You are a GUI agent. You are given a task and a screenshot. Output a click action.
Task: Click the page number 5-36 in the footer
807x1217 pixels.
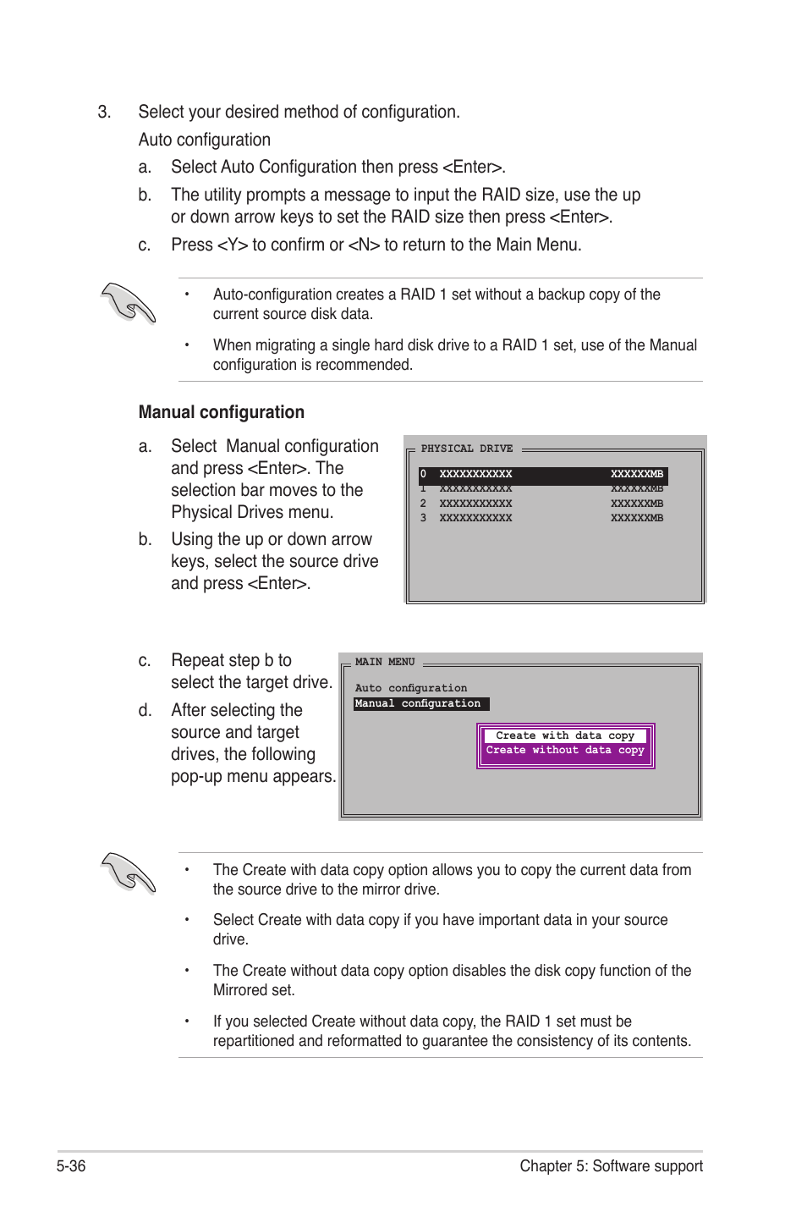[71, 1165]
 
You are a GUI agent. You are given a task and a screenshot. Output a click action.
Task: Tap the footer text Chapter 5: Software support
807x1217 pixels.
[611, 1165]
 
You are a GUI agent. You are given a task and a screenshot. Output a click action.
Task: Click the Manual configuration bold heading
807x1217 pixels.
[221, 412]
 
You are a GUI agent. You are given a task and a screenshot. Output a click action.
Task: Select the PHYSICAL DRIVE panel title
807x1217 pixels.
[466, 449]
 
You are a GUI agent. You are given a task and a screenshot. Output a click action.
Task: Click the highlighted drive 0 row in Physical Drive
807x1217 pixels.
[542, 475]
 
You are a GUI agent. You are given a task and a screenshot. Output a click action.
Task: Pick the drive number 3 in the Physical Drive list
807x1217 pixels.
[423, 518]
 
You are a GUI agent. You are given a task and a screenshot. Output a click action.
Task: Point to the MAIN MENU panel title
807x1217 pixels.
[385, 662]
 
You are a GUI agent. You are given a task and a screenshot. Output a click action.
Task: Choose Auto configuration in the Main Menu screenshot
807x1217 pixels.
[410, 688]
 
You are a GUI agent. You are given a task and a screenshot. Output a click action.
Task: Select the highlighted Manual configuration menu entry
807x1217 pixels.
[419, 703]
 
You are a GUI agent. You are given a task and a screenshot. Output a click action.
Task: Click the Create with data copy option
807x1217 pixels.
[564, 735]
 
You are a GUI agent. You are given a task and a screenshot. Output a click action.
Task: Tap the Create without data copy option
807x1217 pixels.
[564, 750]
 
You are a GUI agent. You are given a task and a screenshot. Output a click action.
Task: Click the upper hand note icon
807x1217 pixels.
[128, 303]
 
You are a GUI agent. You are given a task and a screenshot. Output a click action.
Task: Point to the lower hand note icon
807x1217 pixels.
[128, 873]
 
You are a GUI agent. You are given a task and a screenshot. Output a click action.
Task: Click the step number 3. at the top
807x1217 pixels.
[104, 113]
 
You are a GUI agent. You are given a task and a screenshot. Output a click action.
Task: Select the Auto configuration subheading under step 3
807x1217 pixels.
[204, 140]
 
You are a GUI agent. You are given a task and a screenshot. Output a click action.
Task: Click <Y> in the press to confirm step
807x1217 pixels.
[232, 245]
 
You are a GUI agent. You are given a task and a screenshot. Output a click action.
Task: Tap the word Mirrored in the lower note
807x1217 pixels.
[241, 990]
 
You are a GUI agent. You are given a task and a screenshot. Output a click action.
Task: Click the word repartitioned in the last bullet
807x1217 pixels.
[253, 1041]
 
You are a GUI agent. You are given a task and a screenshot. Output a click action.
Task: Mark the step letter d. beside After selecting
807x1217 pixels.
[145, 711]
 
